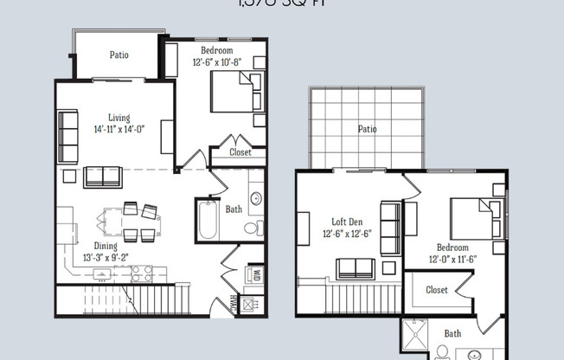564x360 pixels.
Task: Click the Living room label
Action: point(120,117)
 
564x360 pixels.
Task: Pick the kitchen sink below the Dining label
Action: point(101,275)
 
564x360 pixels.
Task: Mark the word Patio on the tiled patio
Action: point(368,129)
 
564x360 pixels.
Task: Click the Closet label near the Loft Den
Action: point(437,290)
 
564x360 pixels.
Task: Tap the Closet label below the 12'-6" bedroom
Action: point(240,152)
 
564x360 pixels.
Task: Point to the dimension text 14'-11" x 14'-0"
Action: point(120,130)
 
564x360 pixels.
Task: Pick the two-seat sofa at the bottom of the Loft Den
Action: point(355,268)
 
